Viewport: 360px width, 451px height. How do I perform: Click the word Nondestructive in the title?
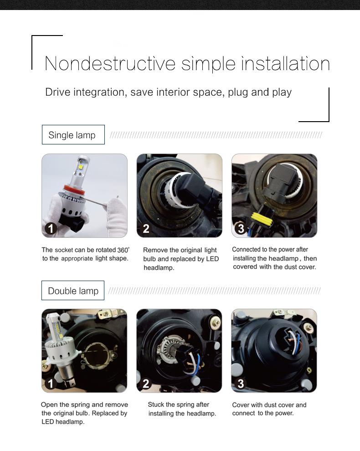pyautogui.click(x=110, y=64)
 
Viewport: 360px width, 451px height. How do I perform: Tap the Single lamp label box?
pyautogui.click(x=73, y=134)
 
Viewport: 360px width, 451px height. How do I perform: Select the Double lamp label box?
pyautogui.click(x=73, y=291)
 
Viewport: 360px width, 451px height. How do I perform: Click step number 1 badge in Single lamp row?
pyautogui.click(x=51, y=229)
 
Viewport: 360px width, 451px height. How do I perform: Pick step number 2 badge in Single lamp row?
pyautogui.click(x=146, y=229)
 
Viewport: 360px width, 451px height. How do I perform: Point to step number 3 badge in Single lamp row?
pyautogui.click(x=241, y=229)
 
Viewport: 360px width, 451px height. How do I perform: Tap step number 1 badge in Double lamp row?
pyautogui.click(x=51, y=384)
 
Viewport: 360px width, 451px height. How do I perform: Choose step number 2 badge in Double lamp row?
pyautogui.click(x=146, y=384)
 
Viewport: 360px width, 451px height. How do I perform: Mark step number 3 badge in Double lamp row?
pyautogui.click(x=241, y=384)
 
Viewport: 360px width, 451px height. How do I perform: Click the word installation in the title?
pyautogui.click(x=285, y=64)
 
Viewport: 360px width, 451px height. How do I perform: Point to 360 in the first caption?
pyautogui.click(x=122, y=250)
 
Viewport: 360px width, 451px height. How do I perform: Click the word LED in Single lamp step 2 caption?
pyautogui.click(x=212, y=259)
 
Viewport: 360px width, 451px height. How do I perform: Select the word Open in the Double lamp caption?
pyautogui.click(x=49, y=405)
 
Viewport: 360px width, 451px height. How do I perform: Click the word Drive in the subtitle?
pyautogui.click(x=58, y=92)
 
